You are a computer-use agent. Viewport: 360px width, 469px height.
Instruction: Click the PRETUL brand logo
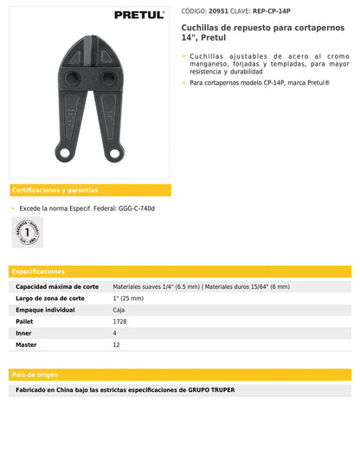tap(139, 15)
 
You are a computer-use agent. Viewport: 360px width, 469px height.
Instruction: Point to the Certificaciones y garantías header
tap(54, 190)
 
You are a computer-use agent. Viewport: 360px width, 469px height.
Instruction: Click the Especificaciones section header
tap(40, 271)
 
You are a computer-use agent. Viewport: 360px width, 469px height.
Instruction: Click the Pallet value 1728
tap(120, 321)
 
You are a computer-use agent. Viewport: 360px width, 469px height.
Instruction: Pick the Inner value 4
tap(115, 333)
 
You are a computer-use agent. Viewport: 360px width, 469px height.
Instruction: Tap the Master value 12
tap(117, 344)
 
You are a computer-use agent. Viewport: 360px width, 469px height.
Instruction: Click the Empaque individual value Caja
tap(119, 309)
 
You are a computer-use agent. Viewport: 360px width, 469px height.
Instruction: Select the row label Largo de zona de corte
tap(50, 298)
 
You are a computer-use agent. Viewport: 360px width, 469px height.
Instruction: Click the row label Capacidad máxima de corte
tap(56, 286)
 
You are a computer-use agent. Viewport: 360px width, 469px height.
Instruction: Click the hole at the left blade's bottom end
tap(64, 154)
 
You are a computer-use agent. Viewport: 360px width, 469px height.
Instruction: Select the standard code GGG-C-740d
tap(137, 209)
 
